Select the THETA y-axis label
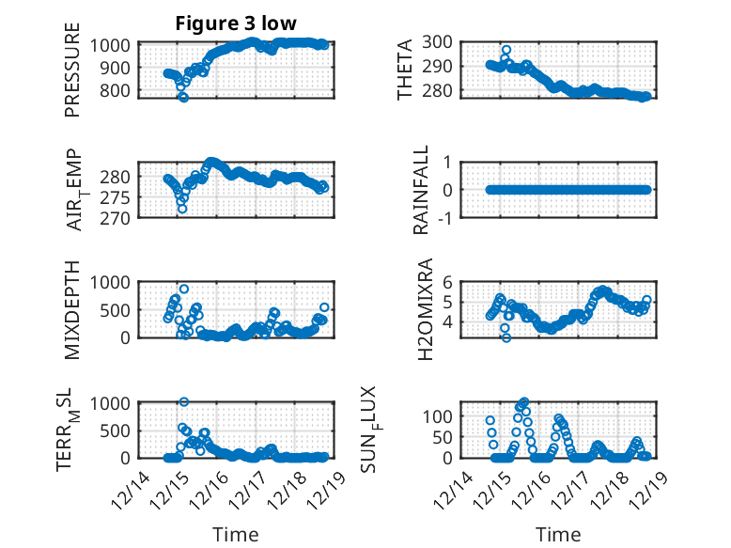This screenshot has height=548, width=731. pos(405,70)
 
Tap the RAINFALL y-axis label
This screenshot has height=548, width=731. pos(422,189)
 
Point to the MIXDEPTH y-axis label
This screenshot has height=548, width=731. pos(72,309)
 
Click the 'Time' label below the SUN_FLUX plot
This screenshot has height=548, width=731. pos(558,535)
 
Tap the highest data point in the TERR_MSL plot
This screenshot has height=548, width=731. pos(184,402)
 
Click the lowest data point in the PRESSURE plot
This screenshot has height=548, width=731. pos(184,97)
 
